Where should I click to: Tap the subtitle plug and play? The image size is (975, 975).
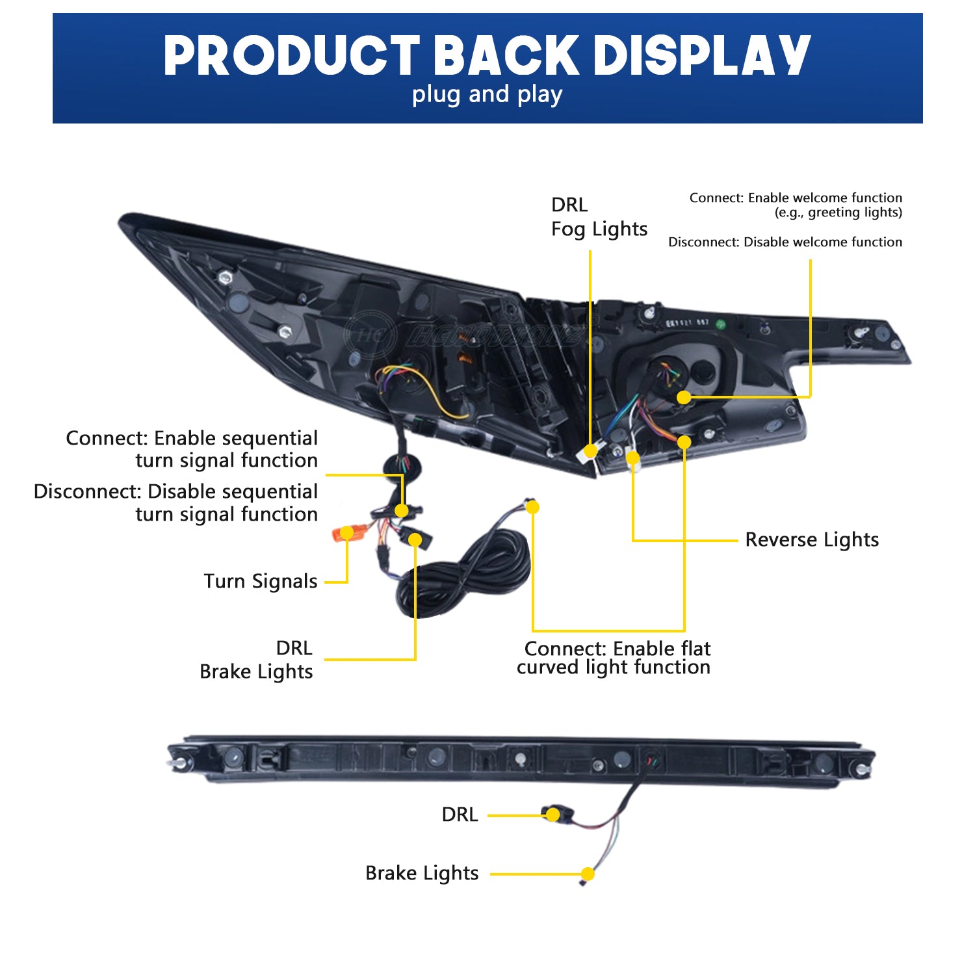pyautogui.click(x=487, y=95)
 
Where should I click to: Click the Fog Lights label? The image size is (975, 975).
pyautogui.click(x=599, y=229)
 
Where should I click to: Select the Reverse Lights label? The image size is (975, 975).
pyautogui.click(x=812, y=539)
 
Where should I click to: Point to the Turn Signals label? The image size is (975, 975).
pyautogui.click(x=261, y=581)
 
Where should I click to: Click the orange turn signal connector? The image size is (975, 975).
pyautogui.click(x=343, y=534)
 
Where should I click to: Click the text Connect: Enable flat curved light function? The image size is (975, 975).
pyautogui.click(x=614, y=658)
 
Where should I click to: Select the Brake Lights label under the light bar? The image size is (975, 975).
pyautogui.click(x=422, y=873)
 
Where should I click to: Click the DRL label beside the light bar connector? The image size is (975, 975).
pyautogui.click(x=460, y=814)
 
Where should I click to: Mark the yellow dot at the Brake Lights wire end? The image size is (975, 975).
pyautogui.click(x=588, y=874)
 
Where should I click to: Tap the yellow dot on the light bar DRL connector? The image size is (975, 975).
pyautogui.click(x=552, y=814)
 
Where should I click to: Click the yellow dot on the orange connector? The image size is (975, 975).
pyautogui.click(x=347, y=533)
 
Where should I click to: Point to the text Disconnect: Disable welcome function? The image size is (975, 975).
pyautogui.click(x=785, y=242)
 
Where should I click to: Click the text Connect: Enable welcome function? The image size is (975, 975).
pyautogui.click(x=796, y=198)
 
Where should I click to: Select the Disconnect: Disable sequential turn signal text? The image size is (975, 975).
pyautogui.click(x=175, y=502)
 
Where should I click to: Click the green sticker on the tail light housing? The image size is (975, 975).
pyautogui.click(x=720, y=324)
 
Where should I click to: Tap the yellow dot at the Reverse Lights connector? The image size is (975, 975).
pyautogui.click(x=632, y=458)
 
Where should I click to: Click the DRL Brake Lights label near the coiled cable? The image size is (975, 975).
pyautogui.click(x=257, y=660)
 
